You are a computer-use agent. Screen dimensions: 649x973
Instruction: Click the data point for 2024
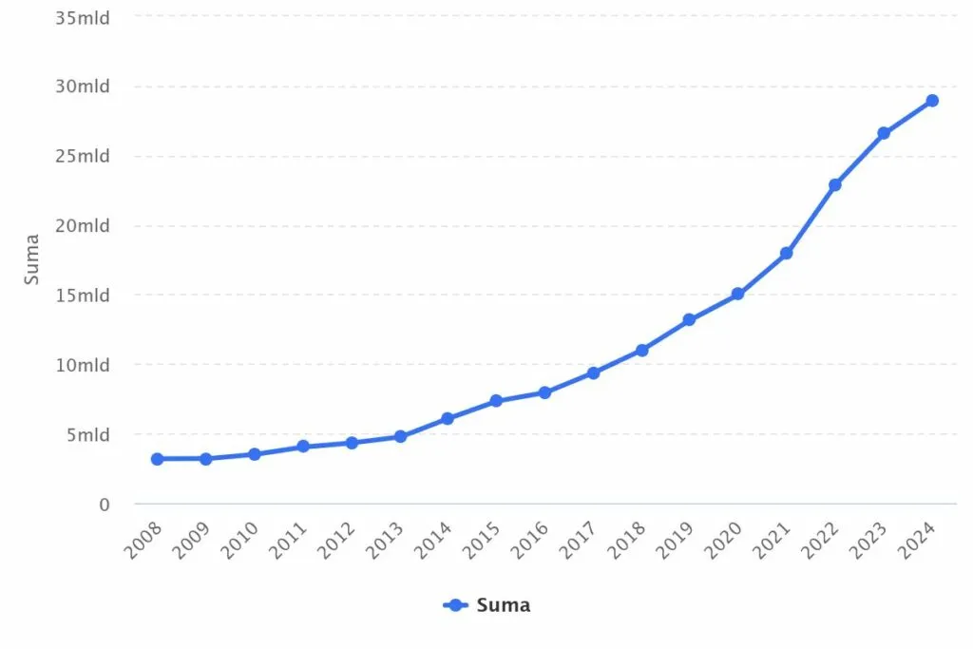(x=932, y=101)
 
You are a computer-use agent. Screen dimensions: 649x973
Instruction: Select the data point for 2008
(x=157, y=459)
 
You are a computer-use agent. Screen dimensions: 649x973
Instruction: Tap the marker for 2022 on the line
(x=835, y=184)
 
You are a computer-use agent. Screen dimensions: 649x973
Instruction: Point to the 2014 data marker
(x=448, y=418)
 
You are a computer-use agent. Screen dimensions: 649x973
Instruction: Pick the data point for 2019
(x=689, y=320)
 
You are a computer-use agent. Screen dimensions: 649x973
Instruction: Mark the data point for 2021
(x=787, y=254)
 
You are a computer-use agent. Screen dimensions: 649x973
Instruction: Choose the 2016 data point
(x=544, y=392)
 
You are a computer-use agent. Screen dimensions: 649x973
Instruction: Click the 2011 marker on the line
(x=303, y=446)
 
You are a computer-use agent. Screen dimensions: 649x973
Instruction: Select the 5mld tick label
(x=90, y=435)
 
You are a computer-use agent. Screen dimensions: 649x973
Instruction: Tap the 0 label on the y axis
(x=105, y=505)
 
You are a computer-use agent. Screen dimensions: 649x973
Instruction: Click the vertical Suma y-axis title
(x=32, y=259)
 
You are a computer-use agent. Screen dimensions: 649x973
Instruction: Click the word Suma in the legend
(x=503, y=605)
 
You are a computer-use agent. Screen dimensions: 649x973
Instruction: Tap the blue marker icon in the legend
(x=456, y=605)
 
